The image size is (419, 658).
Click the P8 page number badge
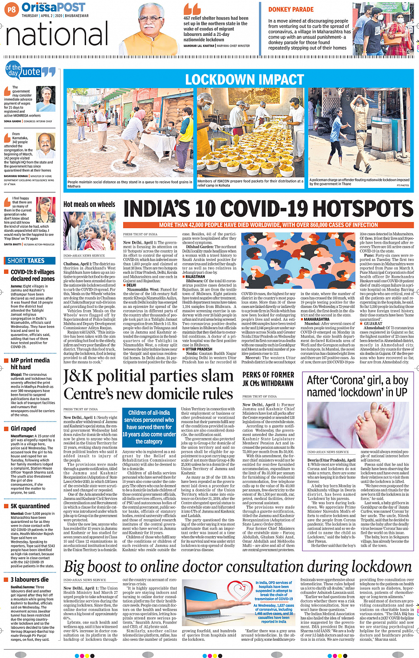pyautogui.click(x=12, y=9)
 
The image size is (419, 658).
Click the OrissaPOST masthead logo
pyautogui.click(x=53, y=7)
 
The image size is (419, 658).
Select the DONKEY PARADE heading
pyautogui.click(x=290, y=9)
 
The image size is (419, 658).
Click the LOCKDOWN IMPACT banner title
pyautogui.click(x=244, y=79)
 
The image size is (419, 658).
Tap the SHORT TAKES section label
pyautogui.click(x=26, y=261)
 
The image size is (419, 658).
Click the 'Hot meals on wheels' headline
pyautogui.click(x=89, y=204)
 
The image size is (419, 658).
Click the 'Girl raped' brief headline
pyautogui.click(x=23, y=428)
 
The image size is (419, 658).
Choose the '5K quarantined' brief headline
pyautogui.click(x=30, y=506)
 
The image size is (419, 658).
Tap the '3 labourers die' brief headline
pyautogui.click(x=30, y=580)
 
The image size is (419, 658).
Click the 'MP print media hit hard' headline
pyautogui.click(x=30, y=363)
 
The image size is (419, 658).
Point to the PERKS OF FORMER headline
pyautogui.click(x=268, y=375)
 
